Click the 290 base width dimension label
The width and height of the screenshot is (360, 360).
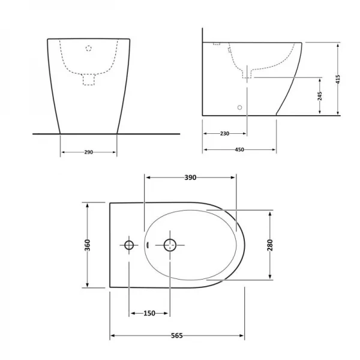pyautogui.click(x=88, y=152)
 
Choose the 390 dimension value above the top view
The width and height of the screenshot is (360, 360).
pyautogui.click(x=190, y=178)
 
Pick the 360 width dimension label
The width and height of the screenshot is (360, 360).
pyautogui.click(x=88, y=245)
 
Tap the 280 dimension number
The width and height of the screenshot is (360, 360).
pyautogui.click(x=271, y=245)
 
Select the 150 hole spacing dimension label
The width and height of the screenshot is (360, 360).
pyautogui.click(x=149, y=313)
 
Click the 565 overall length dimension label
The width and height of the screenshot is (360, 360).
pyautogui.click(x=177, y=336)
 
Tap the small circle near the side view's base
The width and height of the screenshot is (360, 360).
pyautogui.click(x=240, y=107)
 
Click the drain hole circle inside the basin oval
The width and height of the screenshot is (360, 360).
pyautogui.click(x=170, y=245)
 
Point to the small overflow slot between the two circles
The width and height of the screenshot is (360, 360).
pyautogui.click(x=147, y=245)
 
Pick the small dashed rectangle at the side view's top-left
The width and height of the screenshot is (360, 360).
pyautogui.click(x=217, y=44)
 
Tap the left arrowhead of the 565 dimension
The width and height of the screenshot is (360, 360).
pyautogui.click(x=112, y=336)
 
